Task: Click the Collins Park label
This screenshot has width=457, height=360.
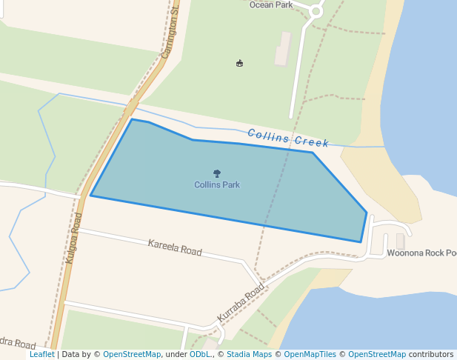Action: coord(217,184)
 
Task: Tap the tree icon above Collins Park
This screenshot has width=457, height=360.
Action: coord(217,174)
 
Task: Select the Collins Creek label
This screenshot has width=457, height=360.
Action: coord(288,138)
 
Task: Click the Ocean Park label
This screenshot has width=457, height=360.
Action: coord(271,4)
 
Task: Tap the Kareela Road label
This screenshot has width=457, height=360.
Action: coord(175,247)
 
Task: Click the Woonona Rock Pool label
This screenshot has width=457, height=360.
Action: coord(421,253)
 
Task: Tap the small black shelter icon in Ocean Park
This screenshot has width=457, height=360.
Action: coord(239,64)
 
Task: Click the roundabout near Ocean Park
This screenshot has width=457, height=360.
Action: coord(316,10)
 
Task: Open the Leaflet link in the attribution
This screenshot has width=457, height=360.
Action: coord(42,354)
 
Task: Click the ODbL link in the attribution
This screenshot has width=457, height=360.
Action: coord(200,354)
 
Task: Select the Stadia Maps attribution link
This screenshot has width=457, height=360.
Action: coord(249,354)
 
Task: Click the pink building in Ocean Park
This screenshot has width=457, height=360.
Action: coord(282,48)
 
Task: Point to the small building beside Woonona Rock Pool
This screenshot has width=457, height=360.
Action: coord(400,241)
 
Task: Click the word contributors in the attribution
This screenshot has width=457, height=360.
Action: coord(431,354)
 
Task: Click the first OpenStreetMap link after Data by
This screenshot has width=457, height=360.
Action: coord(132,354)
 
